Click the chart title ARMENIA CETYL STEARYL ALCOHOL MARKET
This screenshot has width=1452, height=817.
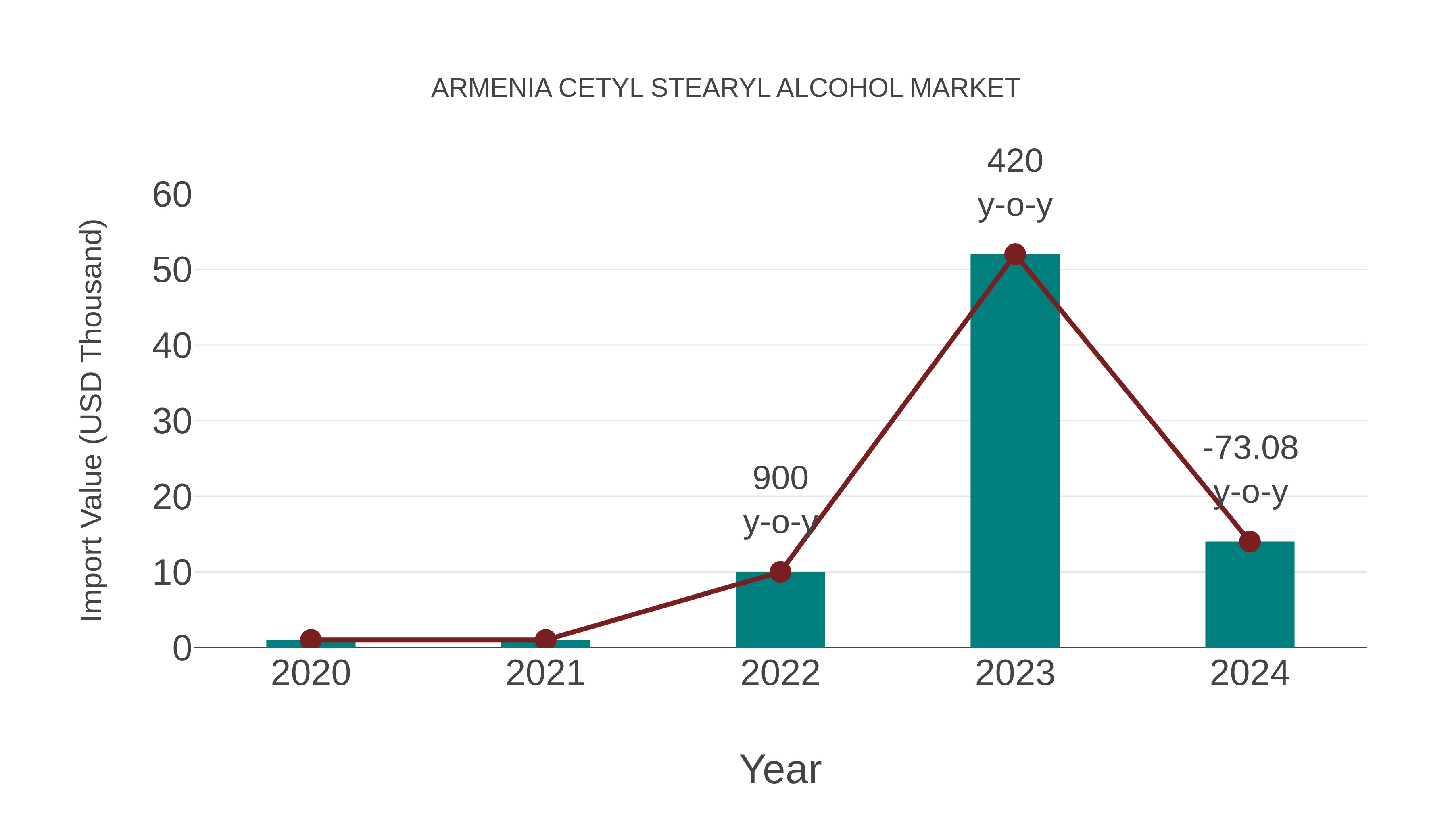click(726, 88)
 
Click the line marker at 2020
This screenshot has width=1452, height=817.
click(311, 640)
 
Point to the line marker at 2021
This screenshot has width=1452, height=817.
click(545, 640)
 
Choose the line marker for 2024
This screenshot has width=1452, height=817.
click(1250, 542)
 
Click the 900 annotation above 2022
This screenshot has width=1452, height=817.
click(780, 478)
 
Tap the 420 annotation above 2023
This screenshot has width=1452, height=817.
click(1015, 161)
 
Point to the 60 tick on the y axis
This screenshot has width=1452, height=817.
click(172, 195)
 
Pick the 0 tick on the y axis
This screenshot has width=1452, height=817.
click(181, 648)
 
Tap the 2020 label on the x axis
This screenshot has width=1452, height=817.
click(311, 674)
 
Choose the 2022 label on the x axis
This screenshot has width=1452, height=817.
click(780, 674)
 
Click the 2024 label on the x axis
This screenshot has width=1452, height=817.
click(1250, 674)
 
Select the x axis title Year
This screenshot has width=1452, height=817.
click(780, 770)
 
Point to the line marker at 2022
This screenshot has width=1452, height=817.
click(780, 572)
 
